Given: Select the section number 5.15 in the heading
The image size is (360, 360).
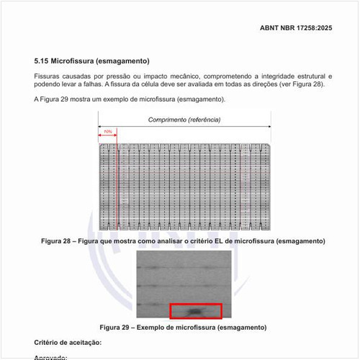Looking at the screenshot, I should click(x=42, y=60).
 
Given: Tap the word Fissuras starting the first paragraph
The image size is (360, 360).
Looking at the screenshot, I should click(x=48, y=76).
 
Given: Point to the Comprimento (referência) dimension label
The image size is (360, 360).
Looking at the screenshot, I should click(x=184, y=120).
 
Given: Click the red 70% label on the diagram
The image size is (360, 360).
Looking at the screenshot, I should click(x=107, y=132).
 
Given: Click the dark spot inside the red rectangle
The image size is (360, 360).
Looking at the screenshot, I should click(x=195, y=311).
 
